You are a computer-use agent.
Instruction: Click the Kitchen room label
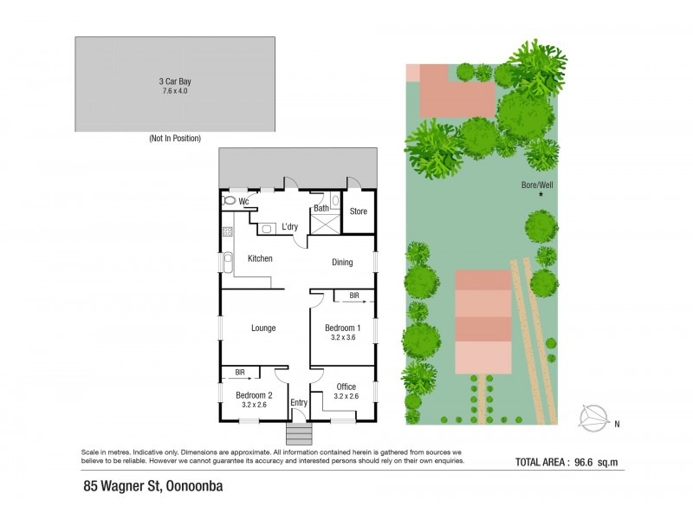(261, 258)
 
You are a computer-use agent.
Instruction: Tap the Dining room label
(342, 262)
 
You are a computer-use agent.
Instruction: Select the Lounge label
(263, 328)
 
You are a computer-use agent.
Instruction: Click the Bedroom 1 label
(341, 328)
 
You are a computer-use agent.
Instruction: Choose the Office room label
(346, 387)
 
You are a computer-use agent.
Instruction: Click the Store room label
(358, 211)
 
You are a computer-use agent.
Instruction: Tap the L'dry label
(289, 227)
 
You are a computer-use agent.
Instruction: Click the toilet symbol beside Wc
(229, 201)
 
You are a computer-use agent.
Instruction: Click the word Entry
(299, 403)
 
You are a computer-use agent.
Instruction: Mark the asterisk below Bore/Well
(541, 195)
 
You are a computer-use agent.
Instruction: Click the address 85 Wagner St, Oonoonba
(147, 486)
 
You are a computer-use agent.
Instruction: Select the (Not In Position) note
(175, 139)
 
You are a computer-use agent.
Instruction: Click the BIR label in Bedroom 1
(353, 296)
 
